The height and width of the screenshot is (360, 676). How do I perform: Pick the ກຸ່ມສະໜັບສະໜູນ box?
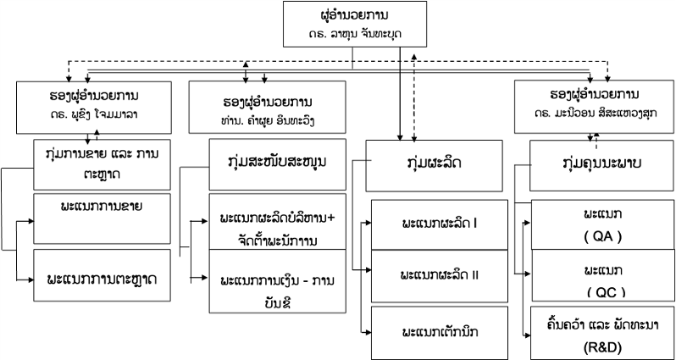[x=277, y=162]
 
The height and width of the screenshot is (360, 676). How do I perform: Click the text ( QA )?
[x=603, y=237]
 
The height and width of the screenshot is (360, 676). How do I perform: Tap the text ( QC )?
[x=603, y=291]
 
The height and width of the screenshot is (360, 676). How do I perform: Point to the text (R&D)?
[x=603, y=346]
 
